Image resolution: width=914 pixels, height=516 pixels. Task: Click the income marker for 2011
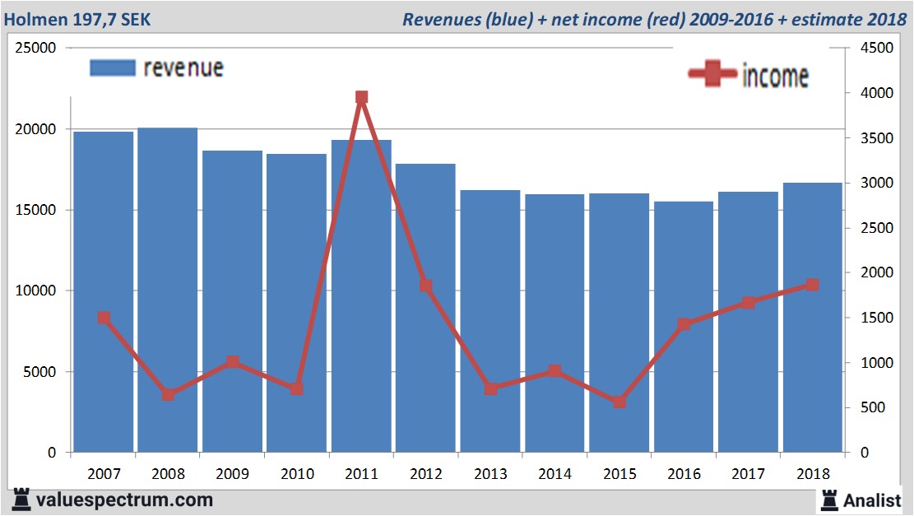pyautogui.click(x=361, y=97)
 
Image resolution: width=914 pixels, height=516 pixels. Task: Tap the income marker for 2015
pyautogui.click(x=619, y=402)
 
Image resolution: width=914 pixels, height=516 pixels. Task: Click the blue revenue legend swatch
pyautogui.click(x=112, y=67)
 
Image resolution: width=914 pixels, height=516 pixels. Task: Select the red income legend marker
pyautogui.click(x=712, y=74)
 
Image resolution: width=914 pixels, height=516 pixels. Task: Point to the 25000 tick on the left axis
pyautogui.click(x=35, y=48)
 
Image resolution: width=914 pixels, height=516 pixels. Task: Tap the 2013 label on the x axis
pyautogui.click(x=490, y=474)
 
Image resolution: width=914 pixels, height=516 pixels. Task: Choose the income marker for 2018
pyautogui.click(x=813, y=285)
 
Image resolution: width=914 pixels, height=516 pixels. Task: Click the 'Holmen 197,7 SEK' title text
pyautogui.click(x=77, y=18)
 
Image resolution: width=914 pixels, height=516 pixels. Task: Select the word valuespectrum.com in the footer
pyautogui.click(x=124, y=500)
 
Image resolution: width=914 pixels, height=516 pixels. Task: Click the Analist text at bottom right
pyautogui.click(x=874, y=500)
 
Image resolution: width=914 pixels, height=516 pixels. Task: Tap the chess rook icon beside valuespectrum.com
pyautogui.click(x=20, y=499)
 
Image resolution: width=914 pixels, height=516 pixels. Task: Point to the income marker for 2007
pyautogui.click(x=104, y=318)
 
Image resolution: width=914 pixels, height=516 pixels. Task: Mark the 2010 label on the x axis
pyautogui.click(x=297, y=474)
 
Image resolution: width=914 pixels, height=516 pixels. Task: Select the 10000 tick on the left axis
pyautogui.click(x=35, y=291)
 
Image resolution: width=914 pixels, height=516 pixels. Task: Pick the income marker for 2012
pyautogui.click(x=425, y=286)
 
